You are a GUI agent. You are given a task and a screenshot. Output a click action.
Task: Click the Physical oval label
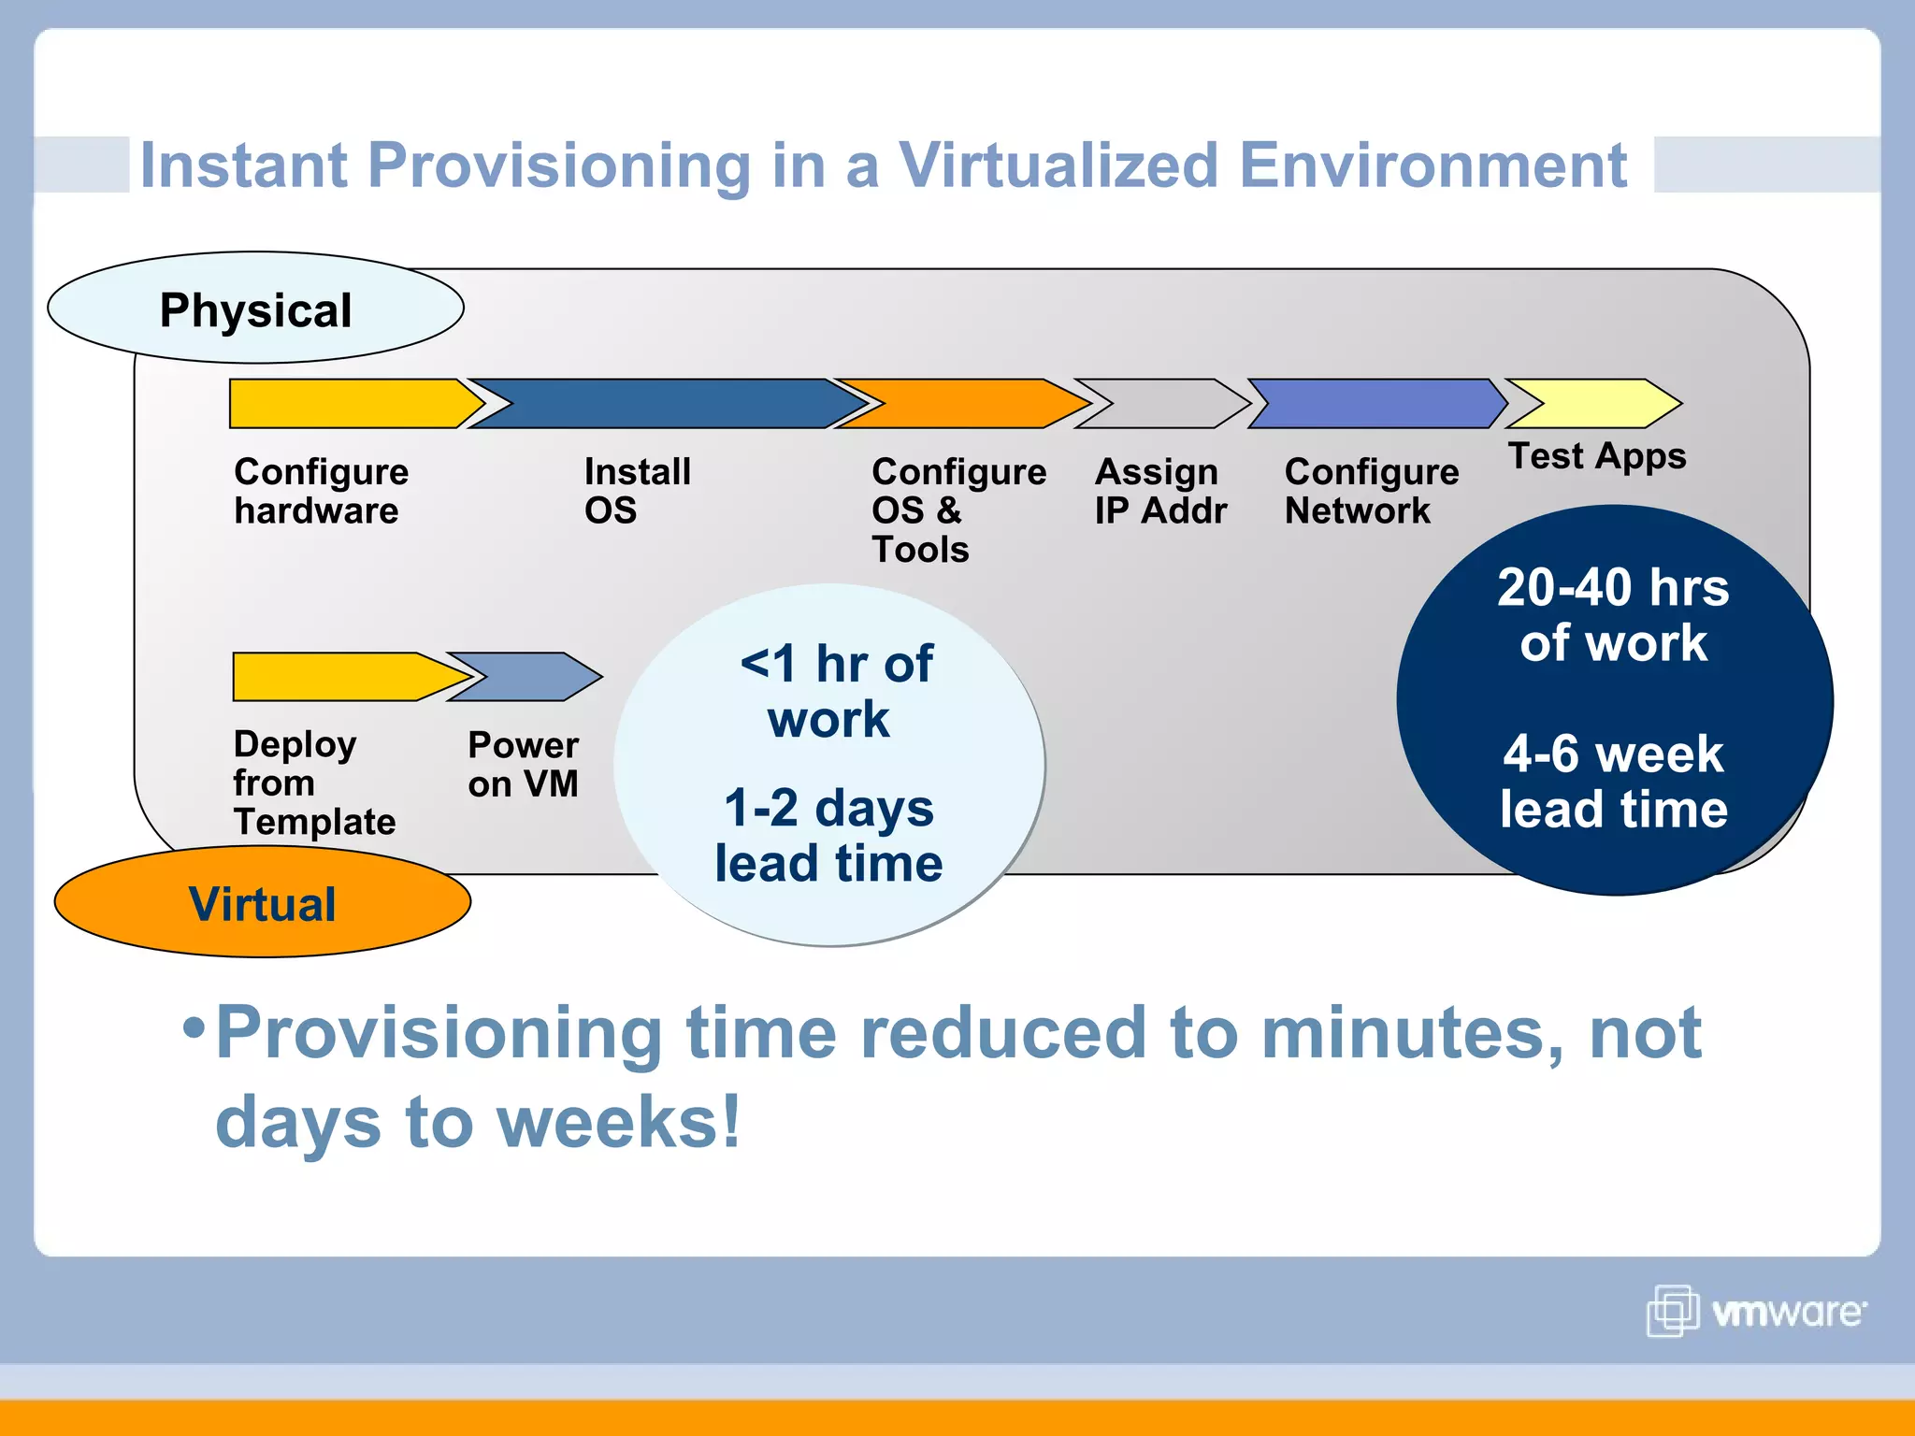pyautogui.click(x=255, y=309)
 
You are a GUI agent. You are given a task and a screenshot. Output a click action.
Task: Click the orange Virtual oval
pyautogui.click(x=262, y=903)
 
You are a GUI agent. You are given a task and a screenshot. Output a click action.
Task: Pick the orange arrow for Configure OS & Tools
pyautogui.click(x=958, y=404)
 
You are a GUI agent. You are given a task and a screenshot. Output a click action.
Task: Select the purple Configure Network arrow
pyautogui.click(x=1375, y=404)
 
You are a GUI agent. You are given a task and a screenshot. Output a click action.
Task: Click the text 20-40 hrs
pyautogui.click(x=1613, y=588)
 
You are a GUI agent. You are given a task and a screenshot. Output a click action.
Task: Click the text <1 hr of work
pyautogui.click(x=835, y=690)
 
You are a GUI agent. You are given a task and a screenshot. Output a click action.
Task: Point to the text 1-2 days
pyautogui.click(x=828, y=808)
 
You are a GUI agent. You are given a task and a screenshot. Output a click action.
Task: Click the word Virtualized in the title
pyautogui.click(x=1058, y=165)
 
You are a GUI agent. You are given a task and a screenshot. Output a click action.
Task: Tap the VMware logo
pyautogui.click(x=1756, y=1311)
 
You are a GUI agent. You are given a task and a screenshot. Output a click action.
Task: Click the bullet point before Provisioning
pyautogui.click(x=194, y=1027)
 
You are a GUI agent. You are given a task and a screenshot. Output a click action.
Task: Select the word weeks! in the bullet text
pyautogui.click(x=619, y=1122)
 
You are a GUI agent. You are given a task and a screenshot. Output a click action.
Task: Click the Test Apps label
pyautogui.click(x=1597, y=456)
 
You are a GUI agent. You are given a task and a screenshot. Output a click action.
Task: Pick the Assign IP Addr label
pyautogui.click(x=1159, y=492)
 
